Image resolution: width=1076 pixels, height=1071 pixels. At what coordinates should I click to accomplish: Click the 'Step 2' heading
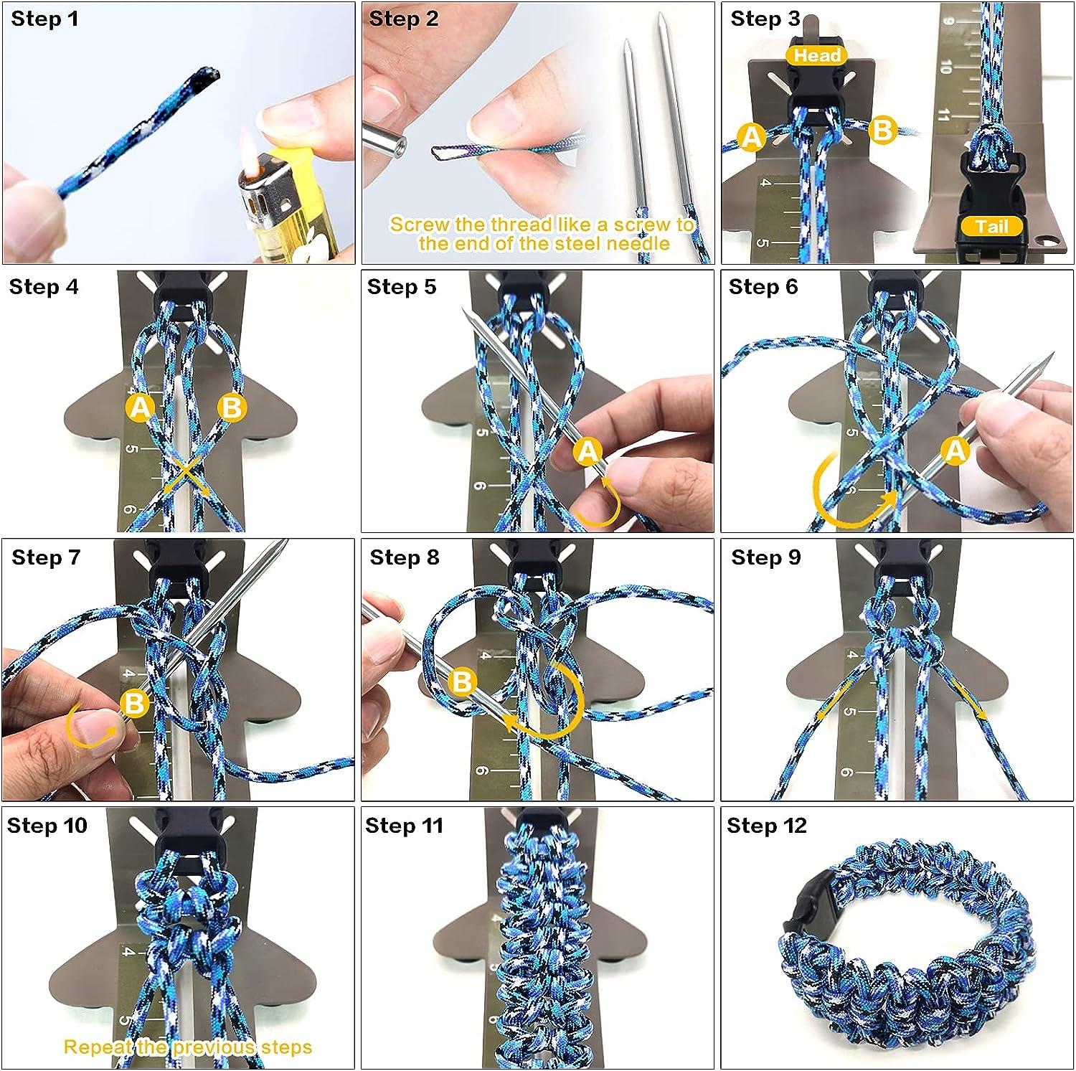pos(403,19)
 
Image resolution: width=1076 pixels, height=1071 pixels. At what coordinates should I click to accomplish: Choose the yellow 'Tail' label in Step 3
pos(991,227)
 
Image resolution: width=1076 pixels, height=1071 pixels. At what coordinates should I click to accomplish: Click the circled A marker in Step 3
pos(751,136)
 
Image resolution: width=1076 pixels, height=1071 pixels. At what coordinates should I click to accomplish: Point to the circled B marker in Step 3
pos(883,131)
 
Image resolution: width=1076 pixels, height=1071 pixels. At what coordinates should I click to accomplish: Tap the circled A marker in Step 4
pos(141,407)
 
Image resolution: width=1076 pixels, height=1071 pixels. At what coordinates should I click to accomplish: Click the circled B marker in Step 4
pos(232,407)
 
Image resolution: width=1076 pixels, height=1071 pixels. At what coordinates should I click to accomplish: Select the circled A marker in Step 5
pos(588,451)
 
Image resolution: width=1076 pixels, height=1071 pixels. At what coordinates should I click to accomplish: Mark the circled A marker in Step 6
pos(956,450)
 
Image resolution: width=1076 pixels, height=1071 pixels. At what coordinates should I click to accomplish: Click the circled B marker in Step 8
pos(462,681)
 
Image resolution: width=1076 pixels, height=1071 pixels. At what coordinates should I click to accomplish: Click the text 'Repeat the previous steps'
pos(188,1047)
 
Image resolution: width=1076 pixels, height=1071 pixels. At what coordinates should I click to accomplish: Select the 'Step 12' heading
pos(766,826)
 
